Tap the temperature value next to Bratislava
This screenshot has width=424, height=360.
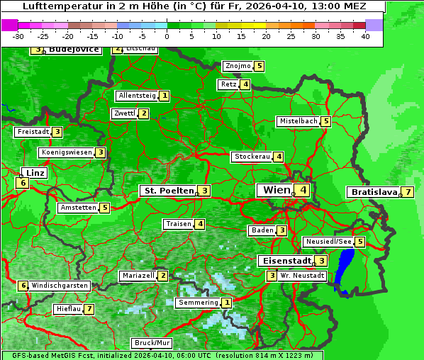[x=408, y=192]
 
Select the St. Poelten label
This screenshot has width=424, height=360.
[x=167, y=191]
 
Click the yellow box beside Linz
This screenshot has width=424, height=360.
[x=23, y=183]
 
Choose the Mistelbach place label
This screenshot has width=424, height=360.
[x=298, y=121]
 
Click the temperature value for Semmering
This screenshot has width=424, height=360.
[x=227, y=303]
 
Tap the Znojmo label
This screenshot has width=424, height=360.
[x=238, y=66]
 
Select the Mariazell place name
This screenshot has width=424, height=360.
[x=138, y=276]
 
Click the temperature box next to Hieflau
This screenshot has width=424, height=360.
[x=89, y=310]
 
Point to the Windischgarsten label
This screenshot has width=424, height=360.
[x=60, y=286]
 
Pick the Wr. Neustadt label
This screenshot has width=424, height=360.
[x=302, y=276]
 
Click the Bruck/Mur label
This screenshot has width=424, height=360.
[x=152, y=343]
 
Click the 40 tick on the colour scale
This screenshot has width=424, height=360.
[x=365, y=36]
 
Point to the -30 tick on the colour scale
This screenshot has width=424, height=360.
[x=18, y=36]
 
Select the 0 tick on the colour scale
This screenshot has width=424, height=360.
[x=167, y=36]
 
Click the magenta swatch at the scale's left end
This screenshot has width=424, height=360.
[x=9, y=25]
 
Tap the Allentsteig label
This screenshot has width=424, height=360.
[x=138, y=96]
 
